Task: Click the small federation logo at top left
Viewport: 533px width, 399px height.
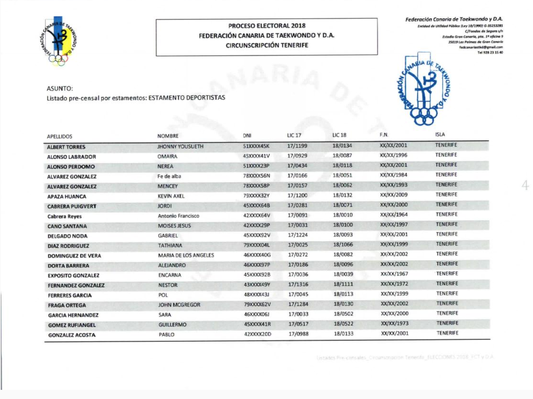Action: click(x=58, y=41)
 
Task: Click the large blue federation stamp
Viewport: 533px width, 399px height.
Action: click(x=423, y=90)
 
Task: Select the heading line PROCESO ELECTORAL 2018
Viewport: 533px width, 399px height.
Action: click(x=266, y=26)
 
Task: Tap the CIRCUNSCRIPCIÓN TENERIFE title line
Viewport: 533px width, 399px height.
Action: click(x=266, y=45)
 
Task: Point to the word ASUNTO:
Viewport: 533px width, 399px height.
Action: click(x=60, y=88)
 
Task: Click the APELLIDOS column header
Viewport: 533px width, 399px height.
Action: click(x=60, y=137)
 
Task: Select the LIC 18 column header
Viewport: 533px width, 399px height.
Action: click(x=339, y=135)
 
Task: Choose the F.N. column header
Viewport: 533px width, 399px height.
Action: click(x=384, y=135)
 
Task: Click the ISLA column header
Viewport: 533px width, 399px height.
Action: click(x=440, y=134)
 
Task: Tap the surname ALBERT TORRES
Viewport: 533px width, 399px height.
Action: click(x=66, y=147)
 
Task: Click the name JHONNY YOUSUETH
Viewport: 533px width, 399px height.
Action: click(x=180, y=146)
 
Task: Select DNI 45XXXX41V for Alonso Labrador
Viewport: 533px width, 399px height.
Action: click(x=256, y=156)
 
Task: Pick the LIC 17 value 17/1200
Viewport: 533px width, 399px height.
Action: click(x=297, y=195)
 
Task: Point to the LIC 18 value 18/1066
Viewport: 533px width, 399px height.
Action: click(x=343, y=245)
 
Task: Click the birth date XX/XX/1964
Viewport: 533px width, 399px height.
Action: click(x=394, y=215)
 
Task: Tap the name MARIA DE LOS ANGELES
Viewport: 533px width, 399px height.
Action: click(x=186, y=256)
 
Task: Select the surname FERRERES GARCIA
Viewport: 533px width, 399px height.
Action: click(x=69, y=296)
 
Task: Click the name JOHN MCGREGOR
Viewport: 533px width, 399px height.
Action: click(x=179, y=305)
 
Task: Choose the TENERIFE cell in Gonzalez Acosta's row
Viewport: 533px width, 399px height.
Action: click(x=447, y=333)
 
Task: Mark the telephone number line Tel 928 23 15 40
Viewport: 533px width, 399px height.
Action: click(x=490, y=53)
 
